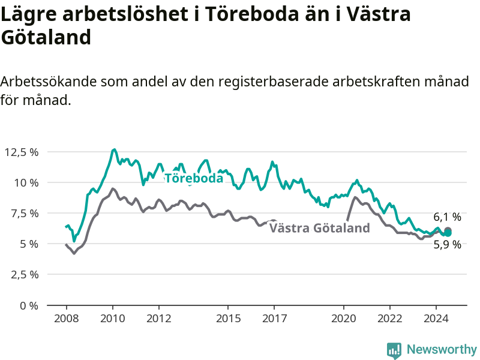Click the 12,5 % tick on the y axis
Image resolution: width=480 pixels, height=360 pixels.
coord(22,152)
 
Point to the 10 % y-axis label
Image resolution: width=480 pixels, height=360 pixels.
coord(26,183)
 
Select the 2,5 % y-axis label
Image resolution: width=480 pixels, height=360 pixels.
coord(25,275)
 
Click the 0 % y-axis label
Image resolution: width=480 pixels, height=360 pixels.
coord(29,305)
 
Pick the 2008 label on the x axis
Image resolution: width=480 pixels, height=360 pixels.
coord(67,319)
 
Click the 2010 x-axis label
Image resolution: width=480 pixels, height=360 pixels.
coord(113,319)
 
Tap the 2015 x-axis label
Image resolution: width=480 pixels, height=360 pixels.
coord(229,319)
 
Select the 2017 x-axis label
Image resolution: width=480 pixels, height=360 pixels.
coord(275,319)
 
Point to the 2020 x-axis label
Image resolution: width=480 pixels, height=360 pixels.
coord(344,319)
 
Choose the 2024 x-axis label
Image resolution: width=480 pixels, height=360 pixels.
coord(436,319)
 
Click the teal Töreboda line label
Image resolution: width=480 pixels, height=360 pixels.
coord(194,178)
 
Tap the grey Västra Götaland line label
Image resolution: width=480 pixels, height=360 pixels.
coord(320,228)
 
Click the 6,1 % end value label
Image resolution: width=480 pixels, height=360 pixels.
coord(447,217)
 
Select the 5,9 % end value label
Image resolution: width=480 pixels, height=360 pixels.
coord(447,245)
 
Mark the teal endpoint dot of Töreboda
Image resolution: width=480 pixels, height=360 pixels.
coord(448,233)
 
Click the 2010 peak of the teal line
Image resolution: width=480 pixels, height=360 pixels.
coord(114,149)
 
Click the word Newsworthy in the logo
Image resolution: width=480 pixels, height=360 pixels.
coord(442,349)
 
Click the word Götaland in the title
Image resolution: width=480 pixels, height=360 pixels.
coord(46,37)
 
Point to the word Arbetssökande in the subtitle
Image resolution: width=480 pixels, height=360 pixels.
coord(49,82)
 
